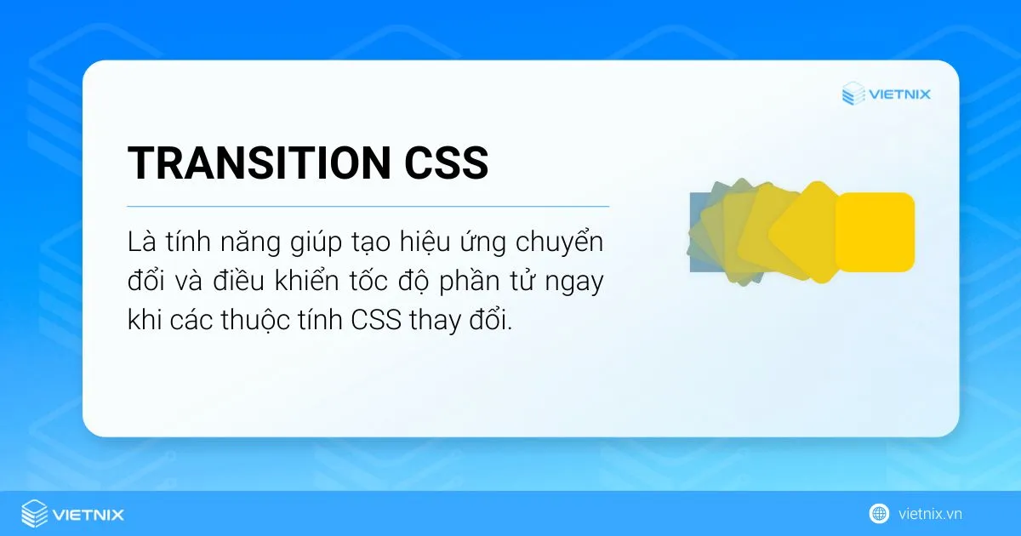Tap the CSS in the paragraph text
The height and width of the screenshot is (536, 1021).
click(x=380, y=321)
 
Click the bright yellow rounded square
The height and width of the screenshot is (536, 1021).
click(x=875, y=232)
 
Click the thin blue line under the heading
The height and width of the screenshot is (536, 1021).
click(x=368, y=206)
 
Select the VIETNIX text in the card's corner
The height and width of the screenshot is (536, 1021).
click(x=899, y=94)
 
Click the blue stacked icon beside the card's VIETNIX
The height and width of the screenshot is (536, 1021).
click(x=853, y=94)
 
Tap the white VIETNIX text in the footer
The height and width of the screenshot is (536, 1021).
click(x=88, y=514)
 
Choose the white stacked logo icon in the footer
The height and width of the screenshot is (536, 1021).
click(x=34, y=514)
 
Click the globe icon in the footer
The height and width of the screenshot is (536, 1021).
click(x=879, y=514)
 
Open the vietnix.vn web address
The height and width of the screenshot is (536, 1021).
click(x=930, y=514)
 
